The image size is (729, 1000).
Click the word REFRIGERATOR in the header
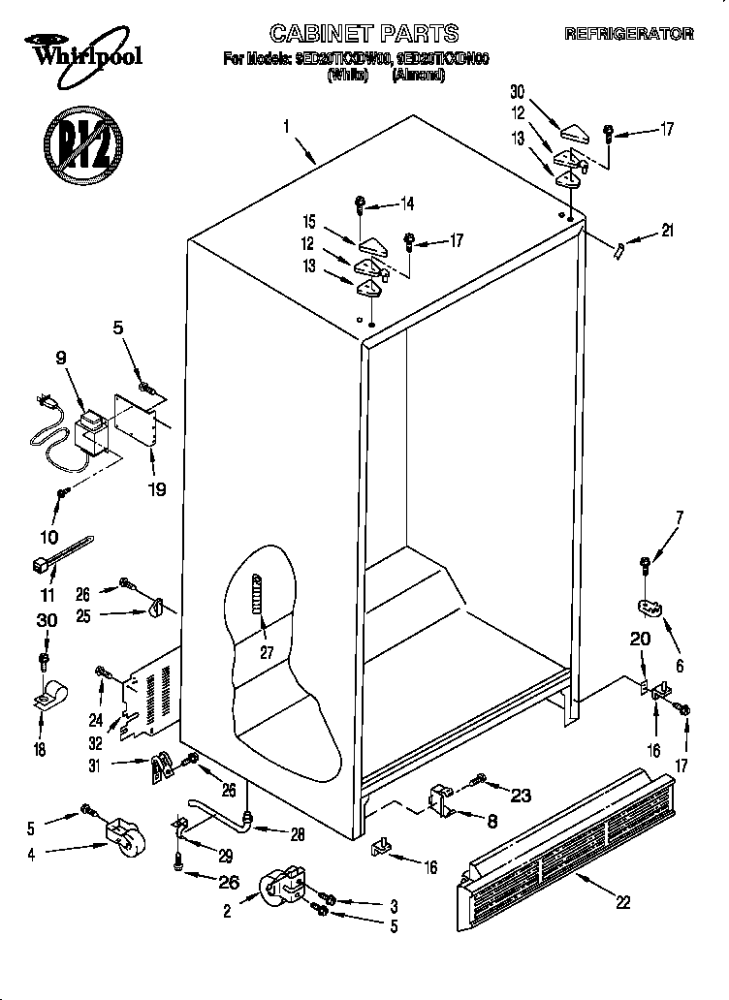tap(629, 34)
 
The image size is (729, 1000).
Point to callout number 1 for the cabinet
tap(287, 126)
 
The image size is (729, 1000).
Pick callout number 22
tap(622, 902)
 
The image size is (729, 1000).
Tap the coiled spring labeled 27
tap(258, 605)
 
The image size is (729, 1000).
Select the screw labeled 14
tap(361, 204)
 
